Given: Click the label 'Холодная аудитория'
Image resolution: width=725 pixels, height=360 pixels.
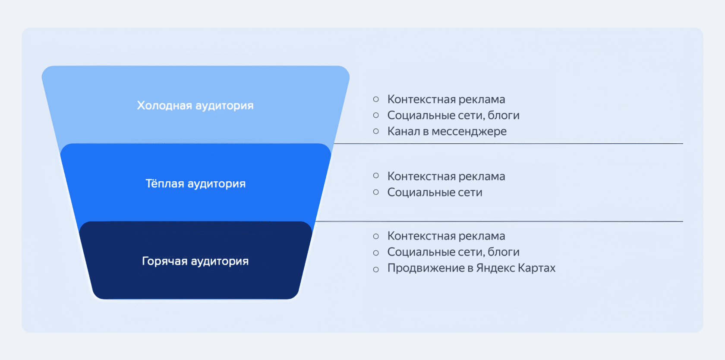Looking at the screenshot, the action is point(195,105).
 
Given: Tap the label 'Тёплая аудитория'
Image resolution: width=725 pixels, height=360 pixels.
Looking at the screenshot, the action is point(195,183).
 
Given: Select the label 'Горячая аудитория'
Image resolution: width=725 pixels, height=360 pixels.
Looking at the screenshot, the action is point(195,261).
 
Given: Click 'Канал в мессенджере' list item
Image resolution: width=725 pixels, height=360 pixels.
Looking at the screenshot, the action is point(447,131).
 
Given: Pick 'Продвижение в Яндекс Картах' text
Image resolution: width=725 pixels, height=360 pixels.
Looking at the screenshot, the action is point(471,268).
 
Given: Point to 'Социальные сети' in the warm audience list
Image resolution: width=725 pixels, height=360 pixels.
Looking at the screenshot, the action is point(435,193).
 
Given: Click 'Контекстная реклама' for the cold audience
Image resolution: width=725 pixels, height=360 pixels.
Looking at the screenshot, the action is point(446,99).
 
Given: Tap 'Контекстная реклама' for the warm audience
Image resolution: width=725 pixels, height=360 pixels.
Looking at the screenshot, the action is point(446,177).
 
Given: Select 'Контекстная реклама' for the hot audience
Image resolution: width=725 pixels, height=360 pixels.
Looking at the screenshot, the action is point(446,236).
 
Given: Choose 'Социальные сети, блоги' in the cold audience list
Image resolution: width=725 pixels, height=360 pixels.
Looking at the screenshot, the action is point(454,116).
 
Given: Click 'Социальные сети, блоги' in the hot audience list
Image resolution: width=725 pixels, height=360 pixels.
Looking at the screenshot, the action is point(454,252).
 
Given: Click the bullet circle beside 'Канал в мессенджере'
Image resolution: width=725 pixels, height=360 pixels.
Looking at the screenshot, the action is point(376,131).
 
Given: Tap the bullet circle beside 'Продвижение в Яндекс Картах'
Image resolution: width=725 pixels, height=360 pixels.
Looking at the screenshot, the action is point(376,269).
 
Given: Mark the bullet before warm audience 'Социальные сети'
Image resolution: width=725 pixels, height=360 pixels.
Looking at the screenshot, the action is point(376,192).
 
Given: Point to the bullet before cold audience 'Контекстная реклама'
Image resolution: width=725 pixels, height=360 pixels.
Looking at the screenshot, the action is point(376,99).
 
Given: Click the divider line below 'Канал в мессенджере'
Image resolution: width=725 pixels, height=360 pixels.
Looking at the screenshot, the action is point(508,143).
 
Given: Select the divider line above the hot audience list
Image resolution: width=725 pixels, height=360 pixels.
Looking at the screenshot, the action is point(499,221).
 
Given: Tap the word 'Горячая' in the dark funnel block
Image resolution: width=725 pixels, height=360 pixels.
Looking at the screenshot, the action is point(165,261).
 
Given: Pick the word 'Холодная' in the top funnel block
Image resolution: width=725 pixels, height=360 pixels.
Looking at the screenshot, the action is point(164,105).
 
